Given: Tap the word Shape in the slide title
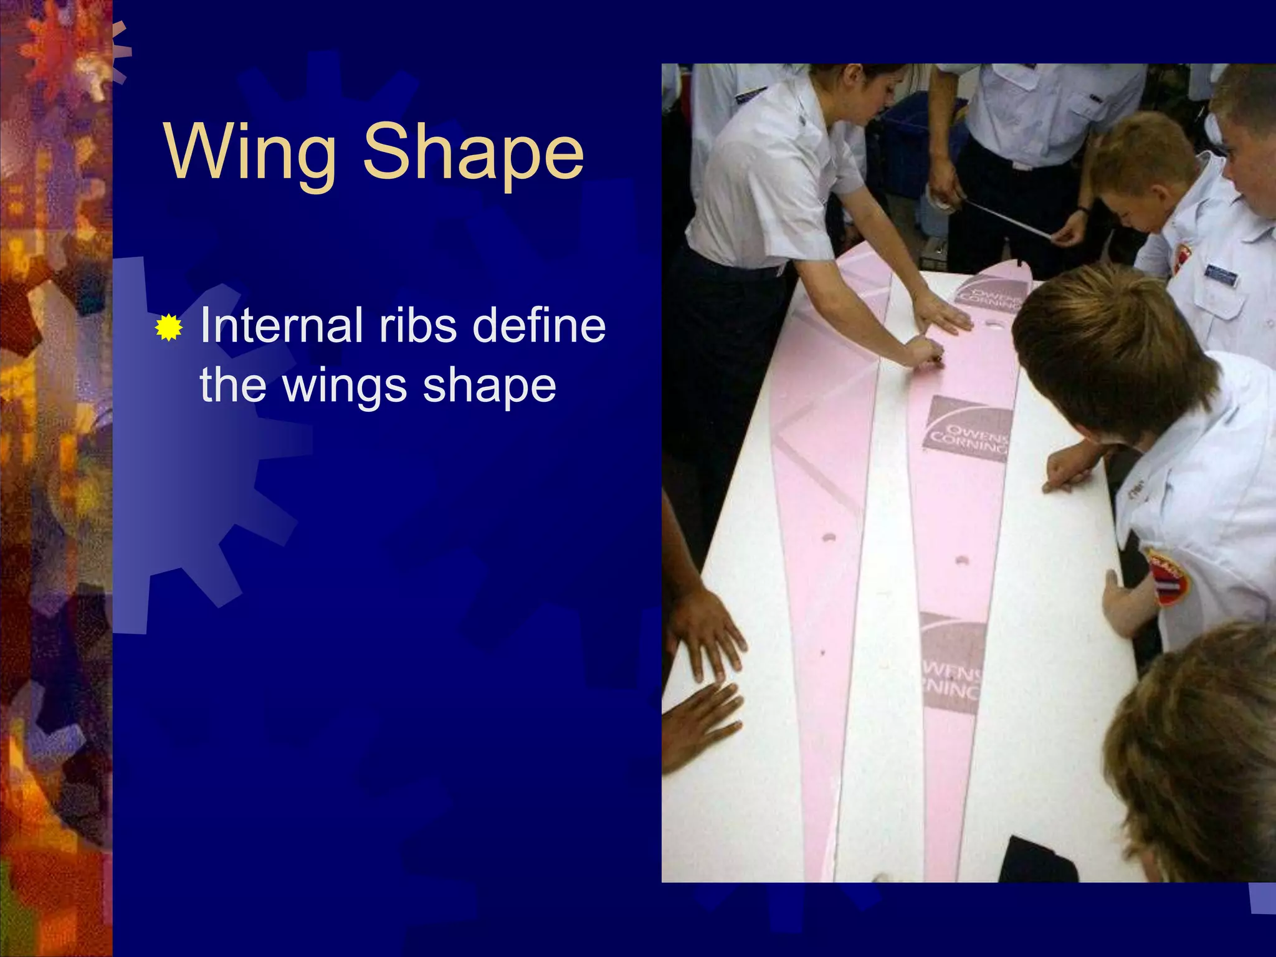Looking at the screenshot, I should click(474, 153).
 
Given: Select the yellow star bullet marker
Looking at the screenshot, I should click(168, 328).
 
